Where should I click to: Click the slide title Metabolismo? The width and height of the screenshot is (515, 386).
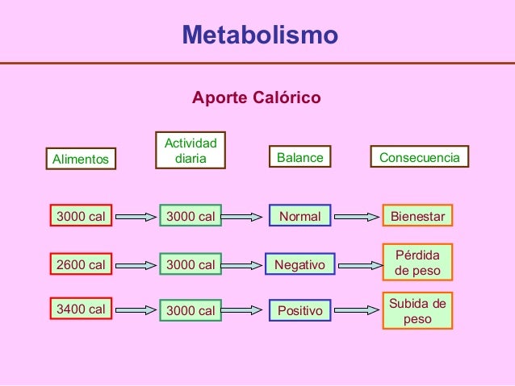(x=259, y=35)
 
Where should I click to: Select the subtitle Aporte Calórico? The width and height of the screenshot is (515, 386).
(x=256, y=98)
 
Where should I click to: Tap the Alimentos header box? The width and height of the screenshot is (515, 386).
(x=81, y=159)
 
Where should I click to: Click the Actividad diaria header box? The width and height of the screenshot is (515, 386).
(x=191, y=151)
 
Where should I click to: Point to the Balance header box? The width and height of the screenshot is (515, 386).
(x=299, y=158)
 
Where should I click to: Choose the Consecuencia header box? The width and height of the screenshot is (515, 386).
(x=419, y=158)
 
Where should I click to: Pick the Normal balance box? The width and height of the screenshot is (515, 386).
(x=299, y=216)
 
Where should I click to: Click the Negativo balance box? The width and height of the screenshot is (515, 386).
(x=299, y=264)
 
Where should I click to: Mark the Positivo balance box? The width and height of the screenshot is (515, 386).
(x=299, y=310)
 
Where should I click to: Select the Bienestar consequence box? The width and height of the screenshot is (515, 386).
(x=417, y=216)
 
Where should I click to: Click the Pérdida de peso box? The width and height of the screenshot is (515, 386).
(x=417, y=263)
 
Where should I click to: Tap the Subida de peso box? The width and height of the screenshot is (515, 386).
(x=417, y=311)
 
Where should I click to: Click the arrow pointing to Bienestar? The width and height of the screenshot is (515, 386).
(x=358, y=216)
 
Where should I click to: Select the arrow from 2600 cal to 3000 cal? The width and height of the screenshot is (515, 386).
(x=136, y=264)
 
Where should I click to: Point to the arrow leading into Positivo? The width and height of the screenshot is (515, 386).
(x=245, y=310)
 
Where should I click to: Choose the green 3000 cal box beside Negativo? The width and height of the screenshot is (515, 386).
(x=191, y=264)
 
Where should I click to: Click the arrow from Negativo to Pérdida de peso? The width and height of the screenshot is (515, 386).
(x=358, y=264)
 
